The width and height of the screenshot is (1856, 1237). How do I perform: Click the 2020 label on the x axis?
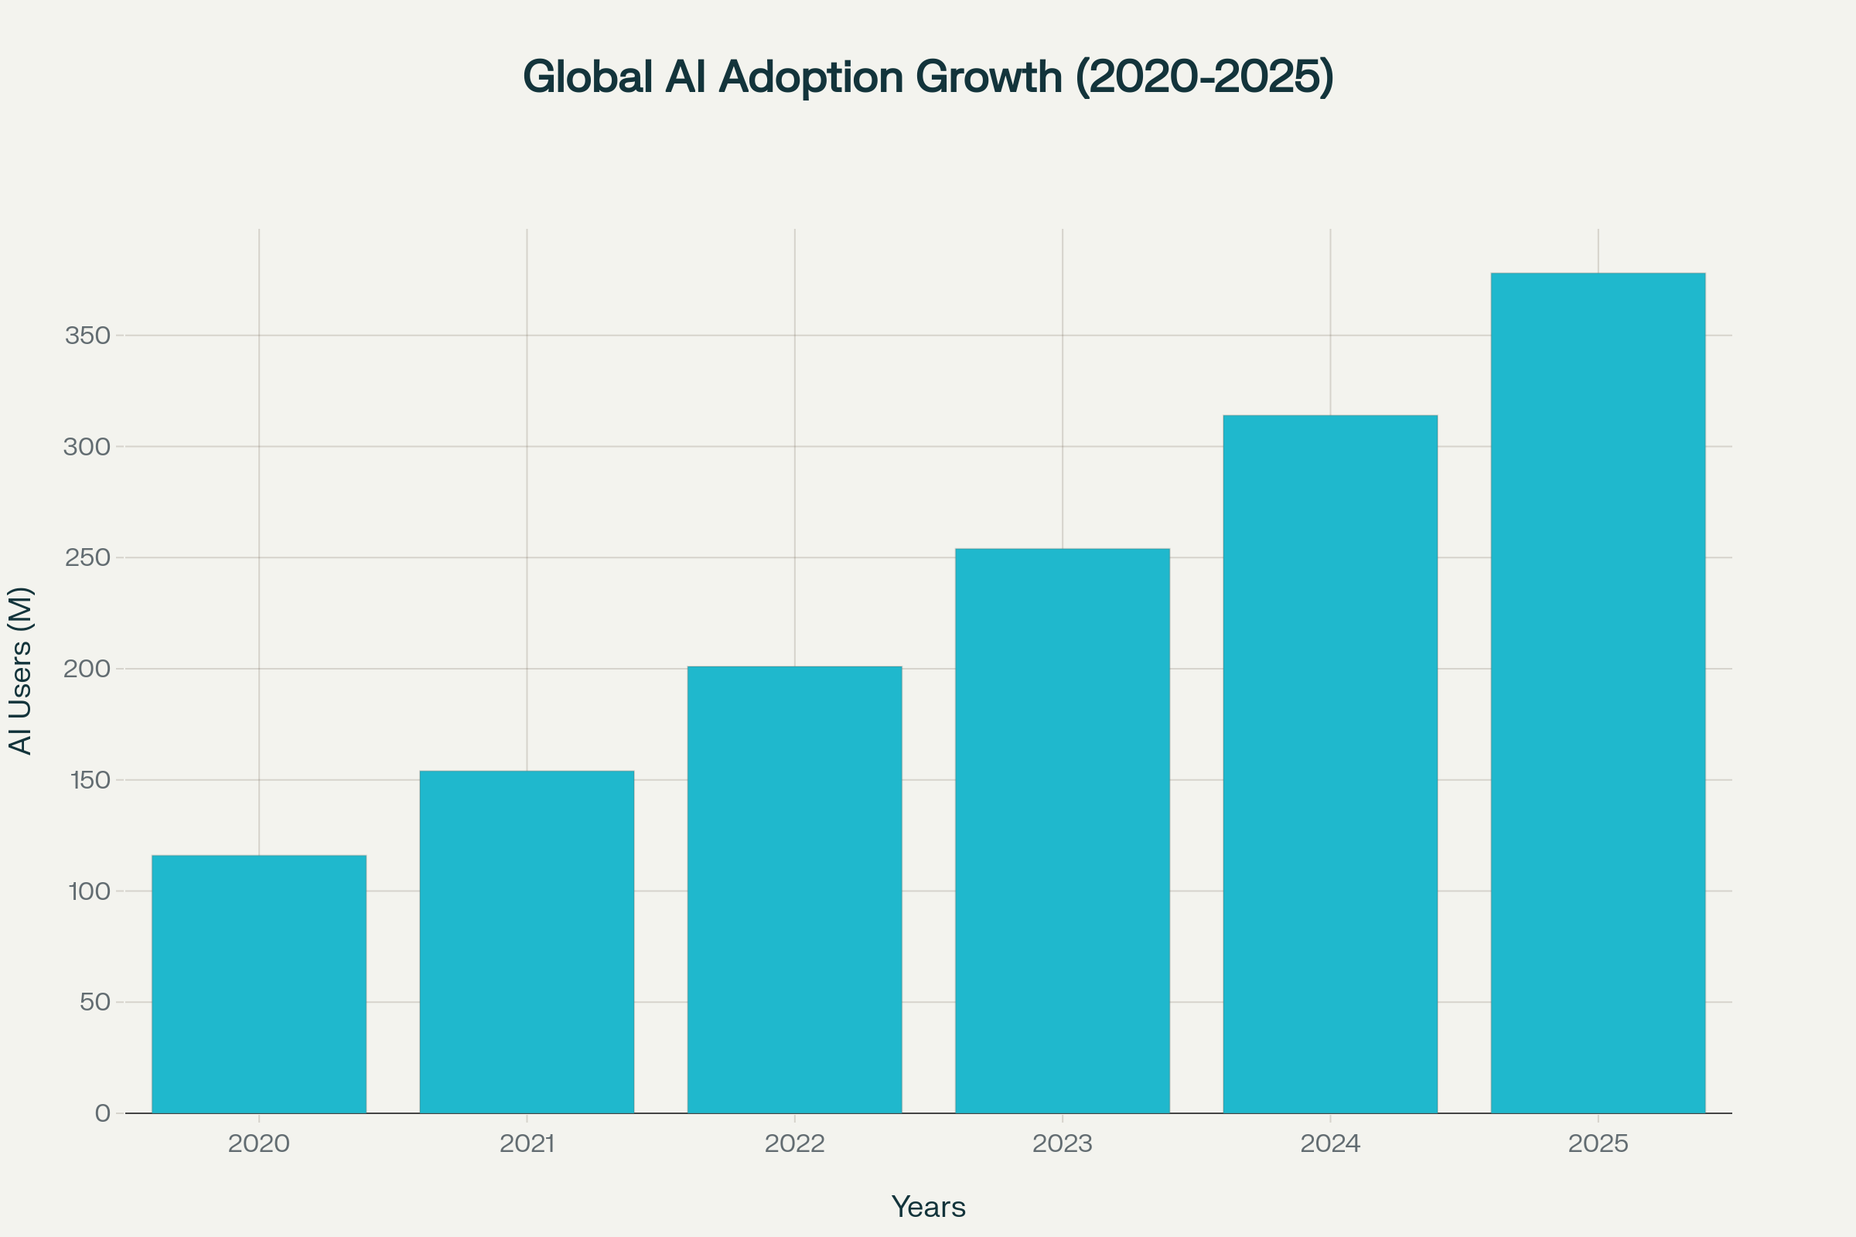[259, 1144]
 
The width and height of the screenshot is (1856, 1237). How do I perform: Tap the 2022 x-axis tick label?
[795, 1144]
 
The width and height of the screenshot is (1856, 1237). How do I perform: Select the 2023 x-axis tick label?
[1062, 1144]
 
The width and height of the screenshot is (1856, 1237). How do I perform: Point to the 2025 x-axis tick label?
[1598, 1144]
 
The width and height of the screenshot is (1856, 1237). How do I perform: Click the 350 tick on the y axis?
[87, 336]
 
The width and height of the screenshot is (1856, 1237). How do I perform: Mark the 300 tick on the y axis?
[87, 448]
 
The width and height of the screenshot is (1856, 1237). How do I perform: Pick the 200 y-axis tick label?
[87, 669]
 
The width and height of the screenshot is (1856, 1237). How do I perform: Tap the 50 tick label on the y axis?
[94, 1003]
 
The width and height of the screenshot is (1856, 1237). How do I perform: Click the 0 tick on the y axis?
[103, 1114]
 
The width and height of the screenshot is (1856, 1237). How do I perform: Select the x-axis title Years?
[928, 1207]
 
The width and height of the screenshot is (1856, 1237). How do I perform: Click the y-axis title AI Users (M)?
[20, 670]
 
